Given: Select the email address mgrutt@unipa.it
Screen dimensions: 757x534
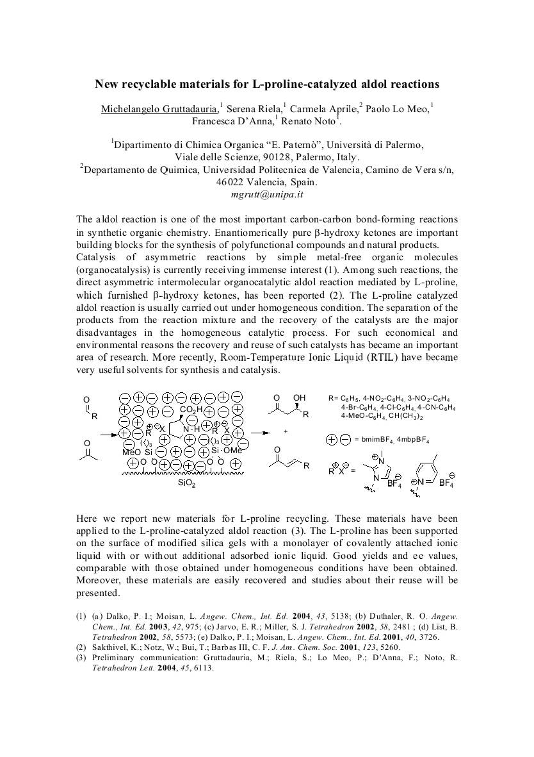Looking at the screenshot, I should coord(267,194).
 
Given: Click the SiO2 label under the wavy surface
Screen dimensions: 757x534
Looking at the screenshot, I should coord(186,483).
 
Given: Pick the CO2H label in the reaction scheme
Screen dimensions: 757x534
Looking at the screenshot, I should coord(191,410).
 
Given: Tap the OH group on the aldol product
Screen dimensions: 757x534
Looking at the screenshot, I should coord(299,398).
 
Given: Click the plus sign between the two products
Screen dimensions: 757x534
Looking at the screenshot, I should coord(286,431).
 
